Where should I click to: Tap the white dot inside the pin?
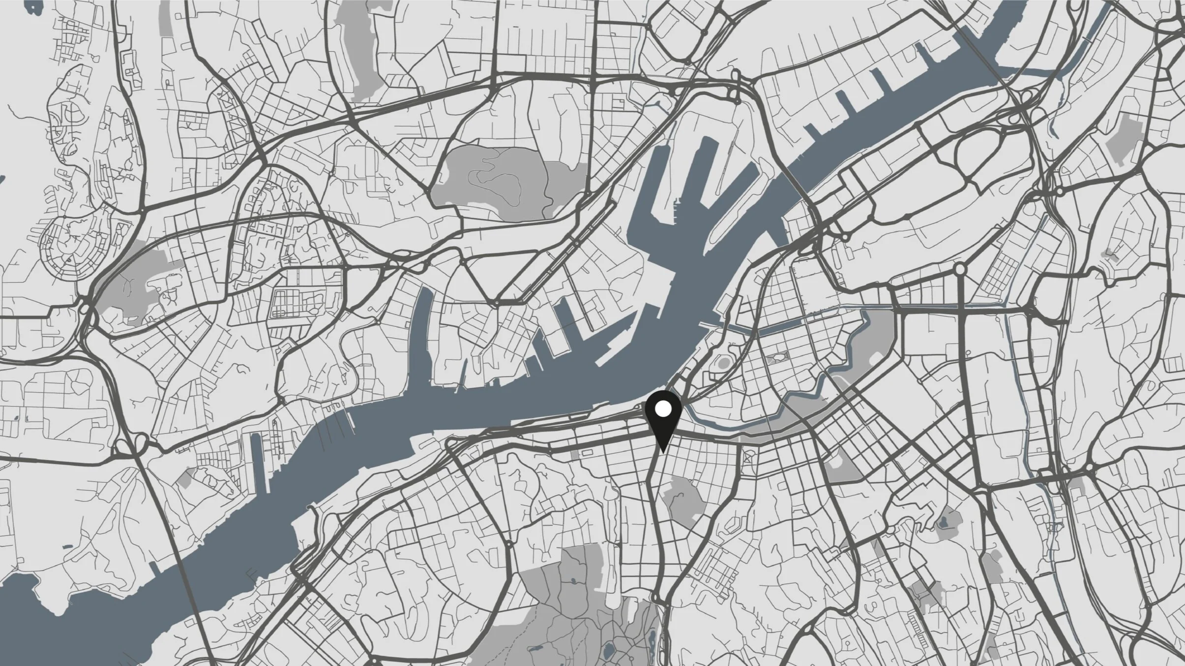coord(663,408)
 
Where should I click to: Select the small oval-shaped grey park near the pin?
coord(723,363)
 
